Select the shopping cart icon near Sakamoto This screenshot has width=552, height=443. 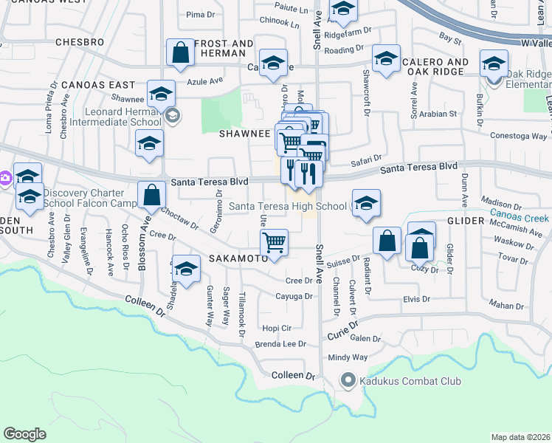[274, 241]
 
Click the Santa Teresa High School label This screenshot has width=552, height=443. [287, 206]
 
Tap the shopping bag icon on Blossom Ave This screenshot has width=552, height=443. [151, 196]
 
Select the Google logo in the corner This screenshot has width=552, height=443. [24, 433]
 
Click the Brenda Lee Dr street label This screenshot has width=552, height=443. [280, 344]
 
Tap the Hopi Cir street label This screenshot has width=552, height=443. [277, 327]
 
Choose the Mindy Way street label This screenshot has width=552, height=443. [348, 357]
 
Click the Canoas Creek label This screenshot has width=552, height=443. [520, 219]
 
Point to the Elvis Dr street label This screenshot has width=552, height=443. [416, 299]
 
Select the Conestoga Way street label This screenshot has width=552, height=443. [520, 136]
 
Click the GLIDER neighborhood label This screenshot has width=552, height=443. [466, 221]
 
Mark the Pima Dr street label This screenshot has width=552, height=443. [199, 14]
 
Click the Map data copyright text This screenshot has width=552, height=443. [520, 437]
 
